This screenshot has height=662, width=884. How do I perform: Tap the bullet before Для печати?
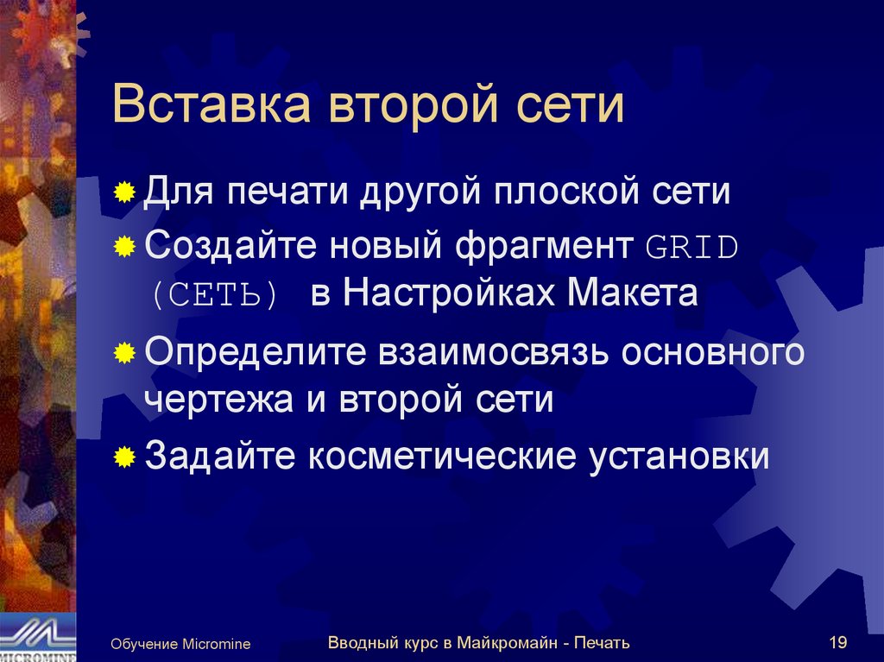125,192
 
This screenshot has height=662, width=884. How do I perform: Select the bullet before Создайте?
125,248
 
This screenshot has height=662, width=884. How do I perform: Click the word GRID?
692,248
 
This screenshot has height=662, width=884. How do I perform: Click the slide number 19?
837,642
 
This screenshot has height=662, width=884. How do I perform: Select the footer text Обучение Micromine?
180,644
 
